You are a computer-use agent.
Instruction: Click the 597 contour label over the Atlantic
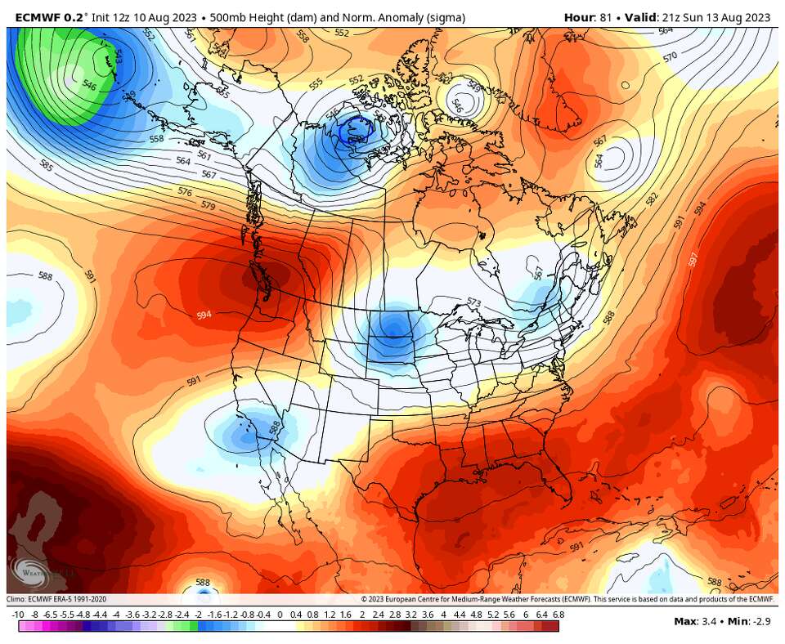693,259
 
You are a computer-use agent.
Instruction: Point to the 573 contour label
473,303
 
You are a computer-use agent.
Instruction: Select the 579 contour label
208,206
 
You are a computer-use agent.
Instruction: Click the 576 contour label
185,191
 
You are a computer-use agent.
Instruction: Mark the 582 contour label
652,199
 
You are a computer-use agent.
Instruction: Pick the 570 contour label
670,57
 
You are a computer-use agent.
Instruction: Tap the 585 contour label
47,167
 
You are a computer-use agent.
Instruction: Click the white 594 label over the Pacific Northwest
204,315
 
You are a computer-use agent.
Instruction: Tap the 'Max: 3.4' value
695,621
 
